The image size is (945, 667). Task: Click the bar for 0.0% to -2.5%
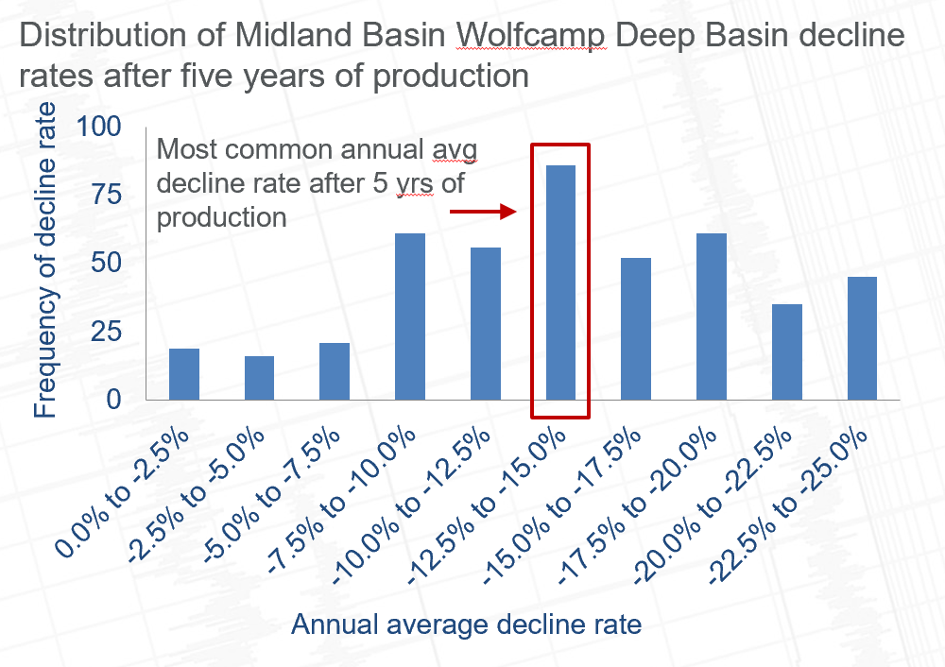pos(184,374)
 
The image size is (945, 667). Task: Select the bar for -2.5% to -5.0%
pos(259,378)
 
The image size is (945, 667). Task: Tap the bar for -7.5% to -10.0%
pos(410,316)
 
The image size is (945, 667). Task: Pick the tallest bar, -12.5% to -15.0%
pos(560,283)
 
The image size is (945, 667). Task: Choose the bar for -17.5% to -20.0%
pos(711,316)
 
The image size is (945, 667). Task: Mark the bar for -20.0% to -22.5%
pos(786,351)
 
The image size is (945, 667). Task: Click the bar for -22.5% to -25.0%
pos(862,338)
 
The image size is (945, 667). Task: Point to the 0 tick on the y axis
pos(115,400)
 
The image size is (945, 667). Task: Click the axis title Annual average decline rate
pos(466,624)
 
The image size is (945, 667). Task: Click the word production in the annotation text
pos(221,217)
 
